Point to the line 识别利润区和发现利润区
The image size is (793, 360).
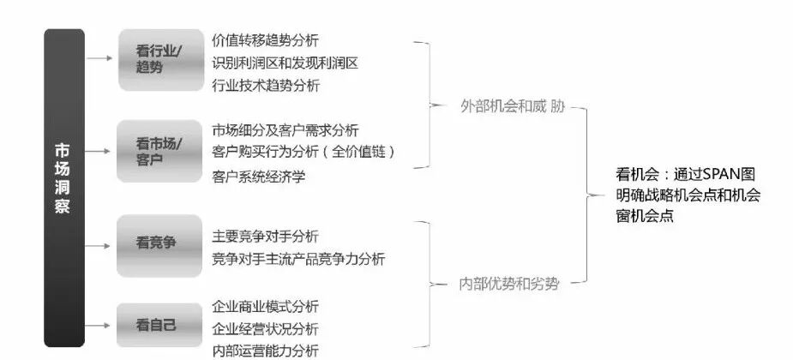[284, 63]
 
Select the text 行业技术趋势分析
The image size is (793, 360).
[266, 85]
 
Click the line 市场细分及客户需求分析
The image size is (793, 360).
[285, 129]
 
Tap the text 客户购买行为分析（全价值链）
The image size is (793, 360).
[303, 152]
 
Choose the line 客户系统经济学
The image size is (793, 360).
[258, 177]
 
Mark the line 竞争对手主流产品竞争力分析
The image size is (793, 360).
[298, 258]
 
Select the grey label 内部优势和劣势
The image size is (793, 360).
[509, 283]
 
